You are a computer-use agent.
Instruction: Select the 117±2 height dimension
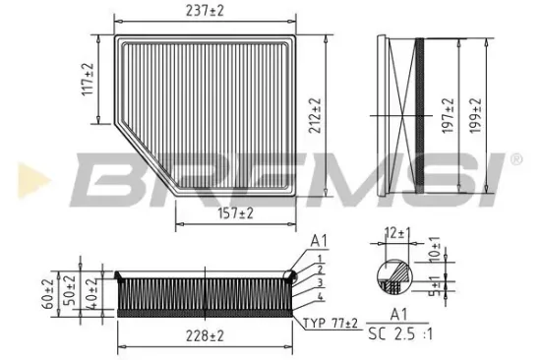[87, 79]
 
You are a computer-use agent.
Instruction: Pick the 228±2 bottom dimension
[205, 336]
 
